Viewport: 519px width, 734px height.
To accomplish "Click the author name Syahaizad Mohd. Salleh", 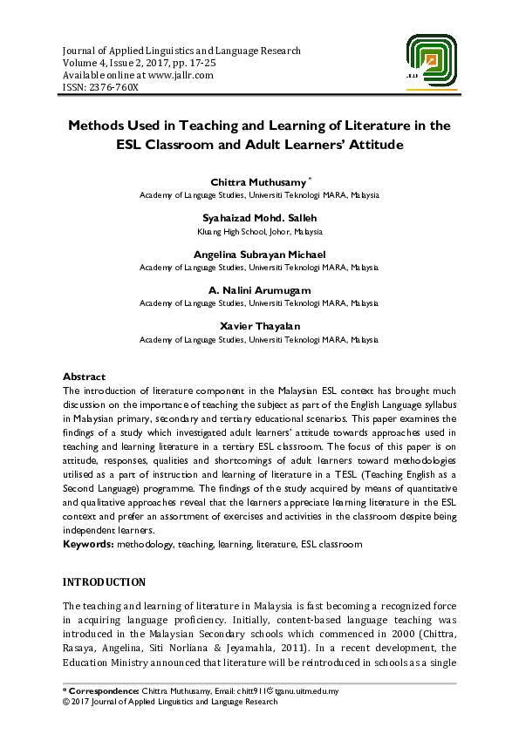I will pos(259,218).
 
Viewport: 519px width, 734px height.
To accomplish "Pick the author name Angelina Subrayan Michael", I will pos(259,254).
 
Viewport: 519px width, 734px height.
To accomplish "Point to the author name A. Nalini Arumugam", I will pos(259,289).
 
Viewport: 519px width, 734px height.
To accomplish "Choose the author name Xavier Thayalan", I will pos(259,325).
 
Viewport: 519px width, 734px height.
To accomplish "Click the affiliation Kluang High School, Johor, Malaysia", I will pos(259,232).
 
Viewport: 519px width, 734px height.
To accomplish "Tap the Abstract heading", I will pos(85,377).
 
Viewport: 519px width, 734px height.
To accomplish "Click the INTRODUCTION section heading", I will pos(104,582).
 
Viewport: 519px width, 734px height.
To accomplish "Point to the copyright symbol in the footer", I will pos(66,701).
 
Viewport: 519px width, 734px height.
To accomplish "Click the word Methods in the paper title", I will pos(98,126).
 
